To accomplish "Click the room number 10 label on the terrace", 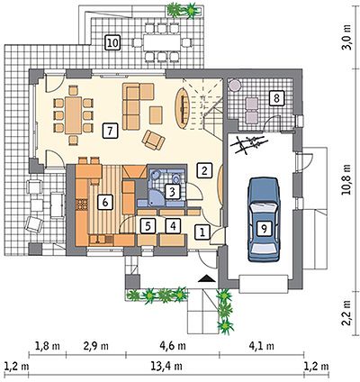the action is (x=112, y=42).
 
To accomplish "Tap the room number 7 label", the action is (x=110, y=132).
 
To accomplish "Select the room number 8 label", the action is (x=276, y=97).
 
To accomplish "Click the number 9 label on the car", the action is (x=264, y=229).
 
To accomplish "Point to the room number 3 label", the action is (x=172, y=192).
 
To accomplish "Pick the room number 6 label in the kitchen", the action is (x=105, y=203).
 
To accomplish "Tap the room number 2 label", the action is (x=204, y=170).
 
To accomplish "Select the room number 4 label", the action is (x=173, y=225).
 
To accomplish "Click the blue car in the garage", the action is (x=263, y=220).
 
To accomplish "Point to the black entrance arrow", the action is (x=207, y=278).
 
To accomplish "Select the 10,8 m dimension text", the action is (x=346, y=179).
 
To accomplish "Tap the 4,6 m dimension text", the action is (x=173, y=346).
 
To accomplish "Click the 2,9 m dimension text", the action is (x=95, y=346).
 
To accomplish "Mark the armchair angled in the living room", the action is (x=154, y=140).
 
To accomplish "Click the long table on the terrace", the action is (x=161, y=43).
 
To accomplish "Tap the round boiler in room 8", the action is (x=235, y=86).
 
